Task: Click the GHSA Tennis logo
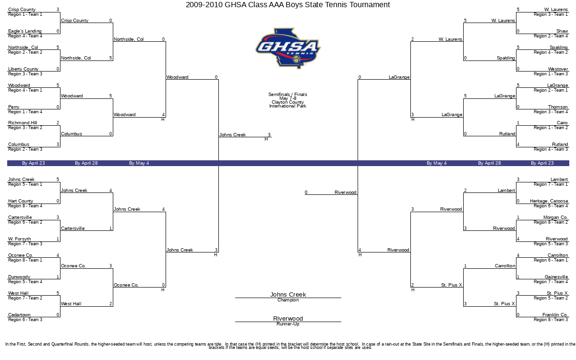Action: click(x=288, y=48)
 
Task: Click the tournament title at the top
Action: click(x=288, y=5)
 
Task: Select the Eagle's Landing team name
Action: click(x=24, y=31)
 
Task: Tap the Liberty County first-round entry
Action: click(x=23, y=69)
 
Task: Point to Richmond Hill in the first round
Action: click(x=23, y=123)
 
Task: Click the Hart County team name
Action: click(x=21, y=201)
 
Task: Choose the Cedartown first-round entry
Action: click(x=19, y=314)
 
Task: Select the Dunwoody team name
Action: click(x=19, y=276)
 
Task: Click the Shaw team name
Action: click(x=562, y=31)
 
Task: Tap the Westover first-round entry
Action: click(x=558, y=69)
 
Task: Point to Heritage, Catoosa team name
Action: click(x=549, y=201)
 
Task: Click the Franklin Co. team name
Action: click(x=555, y=314)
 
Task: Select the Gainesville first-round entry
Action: click(x=556, y=276)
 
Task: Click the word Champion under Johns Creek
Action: click(x=288, y=300)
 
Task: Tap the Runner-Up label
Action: click(x=288, y=324)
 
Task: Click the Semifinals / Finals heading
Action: click(x=288, y=95)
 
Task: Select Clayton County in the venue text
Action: click(x=288, y=102)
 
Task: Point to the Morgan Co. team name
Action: click(x=555, y=217)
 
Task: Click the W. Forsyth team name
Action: click(x=20, y=239)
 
